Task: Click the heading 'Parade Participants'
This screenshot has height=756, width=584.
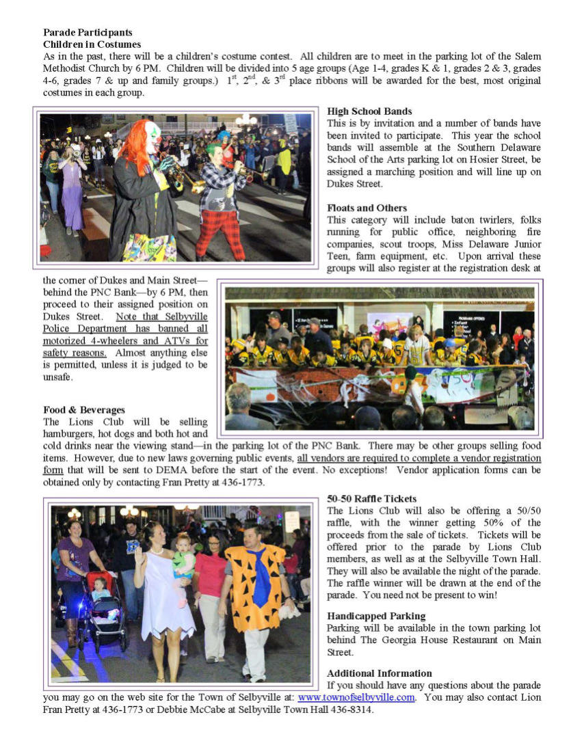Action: coord(88,32)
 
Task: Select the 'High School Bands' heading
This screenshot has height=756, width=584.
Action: coord(369,111)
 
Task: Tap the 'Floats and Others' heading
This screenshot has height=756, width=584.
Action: coord(367,208)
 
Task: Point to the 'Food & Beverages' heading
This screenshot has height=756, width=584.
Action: coord(84,410)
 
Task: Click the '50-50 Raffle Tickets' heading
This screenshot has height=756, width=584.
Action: coord(371,499)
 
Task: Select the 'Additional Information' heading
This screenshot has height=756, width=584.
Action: coord(379,673)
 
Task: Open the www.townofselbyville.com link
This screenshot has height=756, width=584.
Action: coord(356,697)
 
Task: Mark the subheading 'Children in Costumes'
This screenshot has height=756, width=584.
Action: coord(92,44)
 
